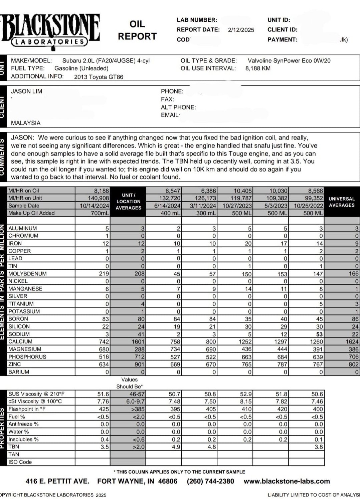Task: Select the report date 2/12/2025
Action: point(241,30)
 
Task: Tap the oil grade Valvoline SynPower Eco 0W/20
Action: point(289,60)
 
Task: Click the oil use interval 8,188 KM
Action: point(258,68)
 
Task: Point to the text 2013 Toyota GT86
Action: point(99,77)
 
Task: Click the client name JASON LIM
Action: point(26,91)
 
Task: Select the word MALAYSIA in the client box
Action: point(26,123)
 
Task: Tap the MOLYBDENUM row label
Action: point(27,274)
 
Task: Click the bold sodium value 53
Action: point(319,334)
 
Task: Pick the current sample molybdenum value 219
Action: point(104,274)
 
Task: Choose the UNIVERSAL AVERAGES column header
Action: point(342,202)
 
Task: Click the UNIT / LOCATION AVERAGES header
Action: point(128,201)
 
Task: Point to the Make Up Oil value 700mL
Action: point(100,213)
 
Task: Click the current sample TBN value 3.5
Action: point(105,447)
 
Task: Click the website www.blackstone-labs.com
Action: point(287,481)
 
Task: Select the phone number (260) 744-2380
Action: point(210,481)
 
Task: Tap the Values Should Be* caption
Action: point(129,383)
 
